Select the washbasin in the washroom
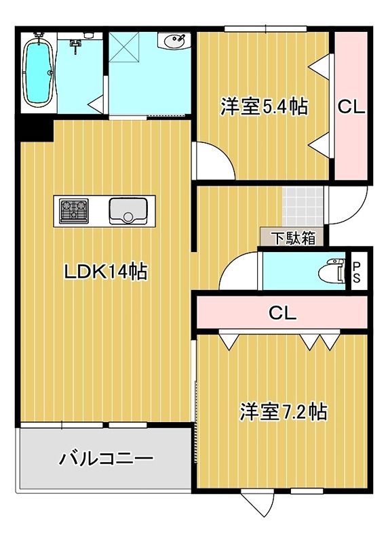pos(174,41)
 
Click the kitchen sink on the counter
pos(127,210)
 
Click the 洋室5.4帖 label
pos(264,106)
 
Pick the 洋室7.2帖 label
pos(284,411)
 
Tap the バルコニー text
pos(106,458)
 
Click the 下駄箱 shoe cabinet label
pos(294,238)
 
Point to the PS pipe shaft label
pos(357,271)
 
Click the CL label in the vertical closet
pos(352,106)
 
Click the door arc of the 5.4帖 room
pos(213,161)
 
